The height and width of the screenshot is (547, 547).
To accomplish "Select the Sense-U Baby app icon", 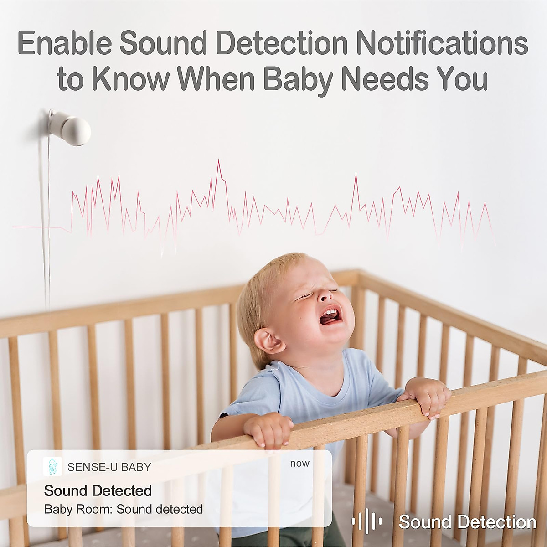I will click(x=52, y=466).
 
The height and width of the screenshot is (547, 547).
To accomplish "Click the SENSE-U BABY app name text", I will click(x=109, y=467).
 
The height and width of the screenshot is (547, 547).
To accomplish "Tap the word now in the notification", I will click(x=299, y=463).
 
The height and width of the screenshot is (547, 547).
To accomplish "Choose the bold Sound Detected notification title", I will click(x=98, y=490).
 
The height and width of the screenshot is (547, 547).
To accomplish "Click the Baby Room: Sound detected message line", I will click(x=124, y=509).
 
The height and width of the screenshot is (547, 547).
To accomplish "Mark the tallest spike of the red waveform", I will click(x=218, y=162).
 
